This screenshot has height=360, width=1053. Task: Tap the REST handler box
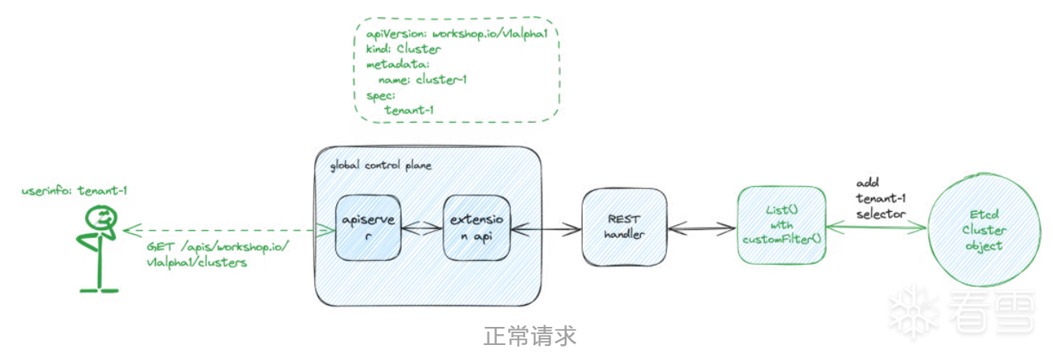pos(624,227)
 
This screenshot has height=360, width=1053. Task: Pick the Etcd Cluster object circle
pos(984,229)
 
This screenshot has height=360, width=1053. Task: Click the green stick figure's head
pos(102,217)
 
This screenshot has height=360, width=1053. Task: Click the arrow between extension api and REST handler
pos(545,230)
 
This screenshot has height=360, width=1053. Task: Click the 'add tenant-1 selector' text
pos(881,199)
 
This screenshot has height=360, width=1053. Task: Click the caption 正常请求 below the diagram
pos(529,336)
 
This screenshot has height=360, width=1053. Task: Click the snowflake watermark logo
pos(913,310)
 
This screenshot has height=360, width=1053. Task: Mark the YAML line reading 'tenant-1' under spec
pos(409,109)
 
